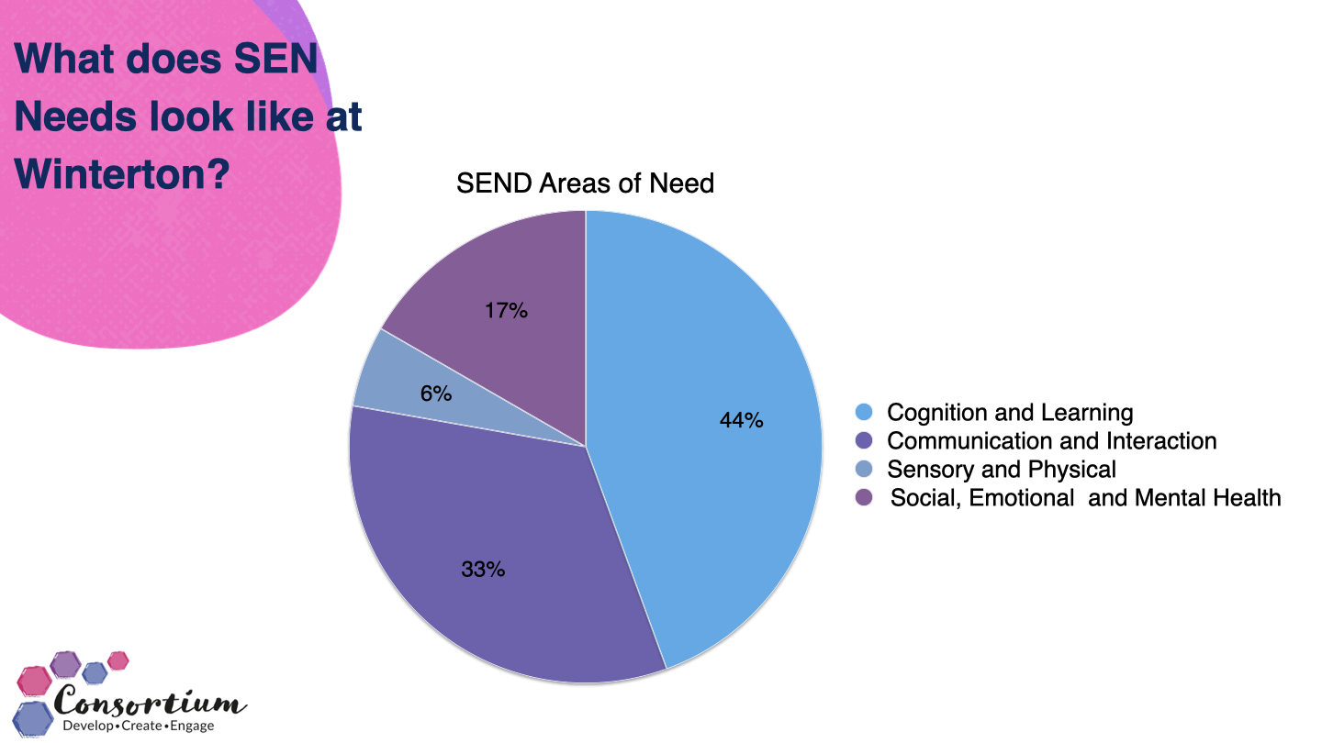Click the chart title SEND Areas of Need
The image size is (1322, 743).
click(x=585, y=183)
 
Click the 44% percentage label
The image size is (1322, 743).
click(x=742, y=421)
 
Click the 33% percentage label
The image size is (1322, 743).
click(x=483, y=570)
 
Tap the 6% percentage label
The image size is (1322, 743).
click(x=436, y=394)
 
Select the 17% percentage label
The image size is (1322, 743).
click(x=506, y=311)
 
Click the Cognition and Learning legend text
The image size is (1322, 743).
click(x=1010, y=413)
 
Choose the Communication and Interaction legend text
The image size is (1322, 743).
click(x=1051, y=441)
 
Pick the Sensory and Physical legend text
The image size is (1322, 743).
click(x=1001, y=470)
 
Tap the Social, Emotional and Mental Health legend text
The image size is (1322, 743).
click(x=1085, y=498)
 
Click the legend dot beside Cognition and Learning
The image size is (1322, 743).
click(x=863, y=413)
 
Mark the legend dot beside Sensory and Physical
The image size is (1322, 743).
click(x=863, y=470)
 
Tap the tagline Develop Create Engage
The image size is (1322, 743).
click(x=138, y=726)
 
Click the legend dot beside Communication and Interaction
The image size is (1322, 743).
click(x=863, y=441)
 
